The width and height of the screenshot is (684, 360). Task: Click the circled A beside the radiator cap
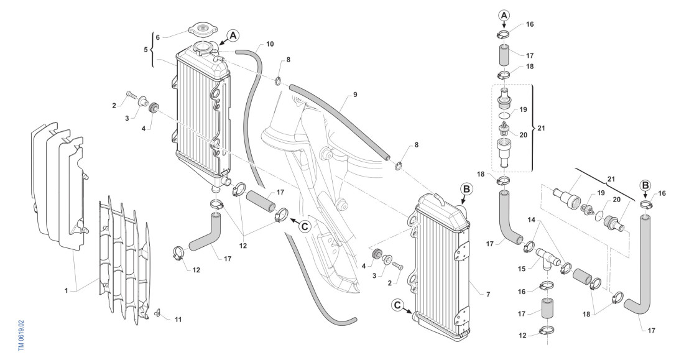(233, 35)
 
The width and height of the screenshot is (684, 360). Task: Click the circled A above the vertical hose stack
(504, 15)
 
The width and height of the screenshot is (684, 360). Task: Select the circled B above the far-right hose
(647, 185)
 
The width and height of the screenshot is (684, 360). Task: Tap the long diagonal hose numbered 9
(339, 119)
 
